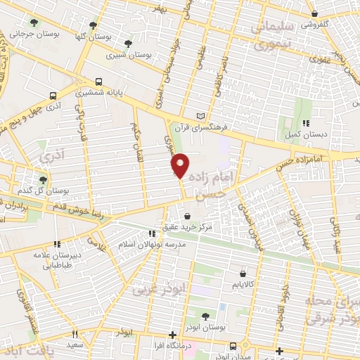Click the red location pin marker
tap(181, 165)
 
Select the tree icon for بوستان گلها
tap(93, 26)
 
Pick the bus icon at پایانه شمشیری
tap(99, 81)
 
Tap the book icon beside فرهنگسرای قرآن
tap(202, 116)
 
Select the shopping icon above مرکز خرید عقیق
tap(187, 215)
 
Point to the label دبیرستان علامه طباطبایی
tap(50, 260)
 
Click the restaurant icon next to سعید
tap(75, 334)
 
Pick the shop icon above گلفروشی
tap(314, 13)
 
